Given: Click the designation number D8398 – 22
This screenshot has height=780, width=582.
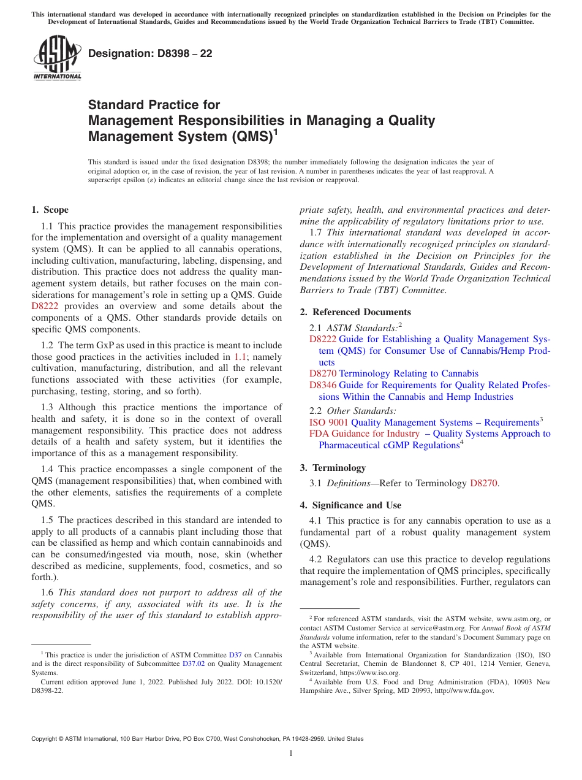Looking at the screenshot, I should pyautogui.click(x=150, y=53).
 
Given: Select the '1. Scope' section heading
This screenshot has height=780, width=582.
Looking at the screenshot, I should pyautogui.click(x=50, y=210).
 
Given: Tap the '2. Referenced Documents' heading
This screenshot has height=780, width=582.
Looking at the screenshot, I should pyautogui.click(x=355, y=312).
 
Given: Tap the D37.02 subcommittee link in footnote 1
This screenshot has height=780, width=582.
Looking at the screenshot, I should pyautogui.click(x=192, y=663).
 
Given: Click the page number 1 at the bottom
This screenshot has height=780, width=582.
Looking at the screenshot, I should pyautogui.click(x=291, y=754).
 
